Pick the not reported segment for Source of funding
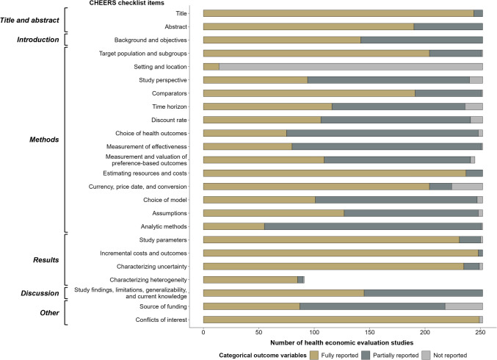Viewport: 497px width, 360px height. [x=464, y=306]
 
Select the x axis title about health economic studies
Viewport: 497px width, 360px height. [x=342, y=342]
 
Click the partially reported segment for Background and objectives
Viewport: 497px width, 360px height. [x=421, y=40]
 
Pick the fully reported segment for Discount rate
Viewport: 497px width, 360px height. [x=261, y=120]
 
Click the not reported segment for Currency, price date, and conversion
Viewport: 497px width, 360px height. [x=467, y=187]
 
